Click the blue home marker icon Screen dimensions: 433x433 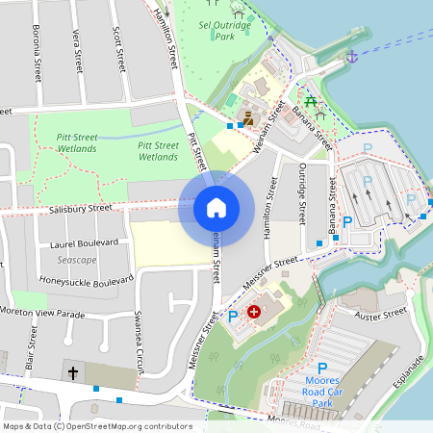coord(216,208)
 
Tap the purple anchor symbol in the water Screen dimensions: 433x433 coord(351,57)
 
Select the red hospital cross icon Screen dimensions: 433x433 coord(254,312)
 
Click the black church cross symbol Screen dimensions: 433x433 coord(72,371)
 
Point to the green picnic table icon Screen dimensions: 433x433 coord(311,103)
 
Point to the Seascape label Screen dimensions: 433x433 coord(76,261)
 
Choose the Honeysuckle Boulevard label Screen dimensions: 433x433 coord(85,281)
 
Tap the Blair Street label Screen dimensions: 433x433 coord(33,347)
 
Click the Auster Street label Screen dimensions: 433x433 coord(381,315)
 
